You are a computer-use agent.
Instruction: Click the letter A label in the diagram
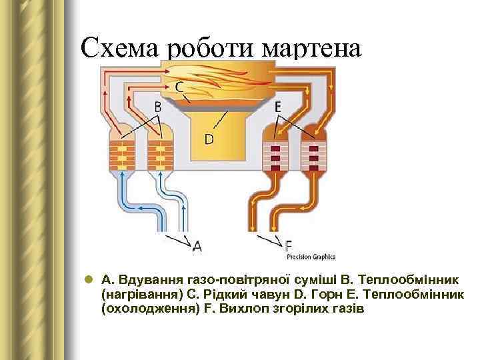[x=197, y=247]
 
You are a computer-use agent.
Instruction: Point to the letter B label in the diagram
[x=157, y=106]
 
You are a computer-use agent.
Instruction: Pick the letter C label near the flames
[x=180, y=87]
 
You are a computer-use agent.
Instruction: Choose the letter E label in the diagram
[x=277, y=105]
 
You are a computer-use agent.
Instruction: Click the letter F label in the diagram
[x=289, y=245]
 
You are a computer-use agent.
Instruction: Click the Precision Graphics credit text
[x=311, y=257]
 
